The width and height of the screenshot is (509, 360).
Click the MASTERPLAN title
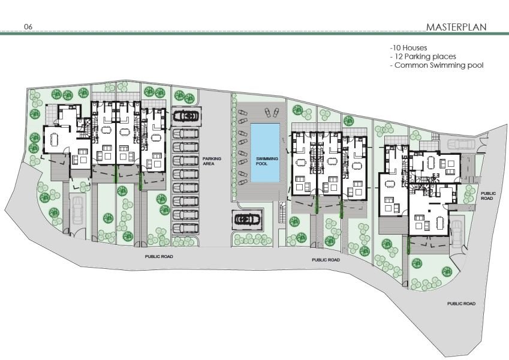tap(456, 27)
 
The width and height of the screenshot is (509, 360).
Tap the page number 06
tap(28, 26)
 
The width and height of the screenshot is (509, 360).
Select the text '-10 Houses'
tap(409, 48)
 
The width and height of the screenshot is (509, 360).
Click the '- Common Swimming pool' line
tap(437, 65)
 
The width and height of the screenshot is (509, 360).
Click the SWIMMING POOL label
tap(267, 161)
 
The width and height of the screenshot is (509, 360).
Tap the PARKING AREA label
tap(212, 161)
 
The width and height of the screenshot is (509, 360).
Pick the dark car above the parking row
tap(186, 116)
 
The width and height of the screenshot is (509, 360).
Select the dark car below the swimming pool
tap(248, 220)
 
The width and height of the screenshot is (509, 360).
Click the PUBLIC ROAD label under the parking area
tap(159, 256)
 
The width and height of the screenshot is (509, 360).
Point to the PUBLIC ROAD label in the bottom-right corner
tap(461, 304)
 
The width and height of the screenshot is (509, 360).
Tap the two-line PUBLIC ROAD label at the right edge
tap(488, 196)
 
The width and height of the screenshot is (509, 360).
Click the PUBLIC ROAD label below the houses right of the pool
tap(326, 260)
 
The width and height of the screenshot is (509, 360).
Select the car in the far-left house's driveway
tap(77, 211)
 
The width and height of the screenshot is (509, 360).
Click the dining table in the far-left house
tap(54, 140)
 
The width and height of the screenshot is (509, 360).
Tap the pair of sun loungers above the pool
tap(271, 112)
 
